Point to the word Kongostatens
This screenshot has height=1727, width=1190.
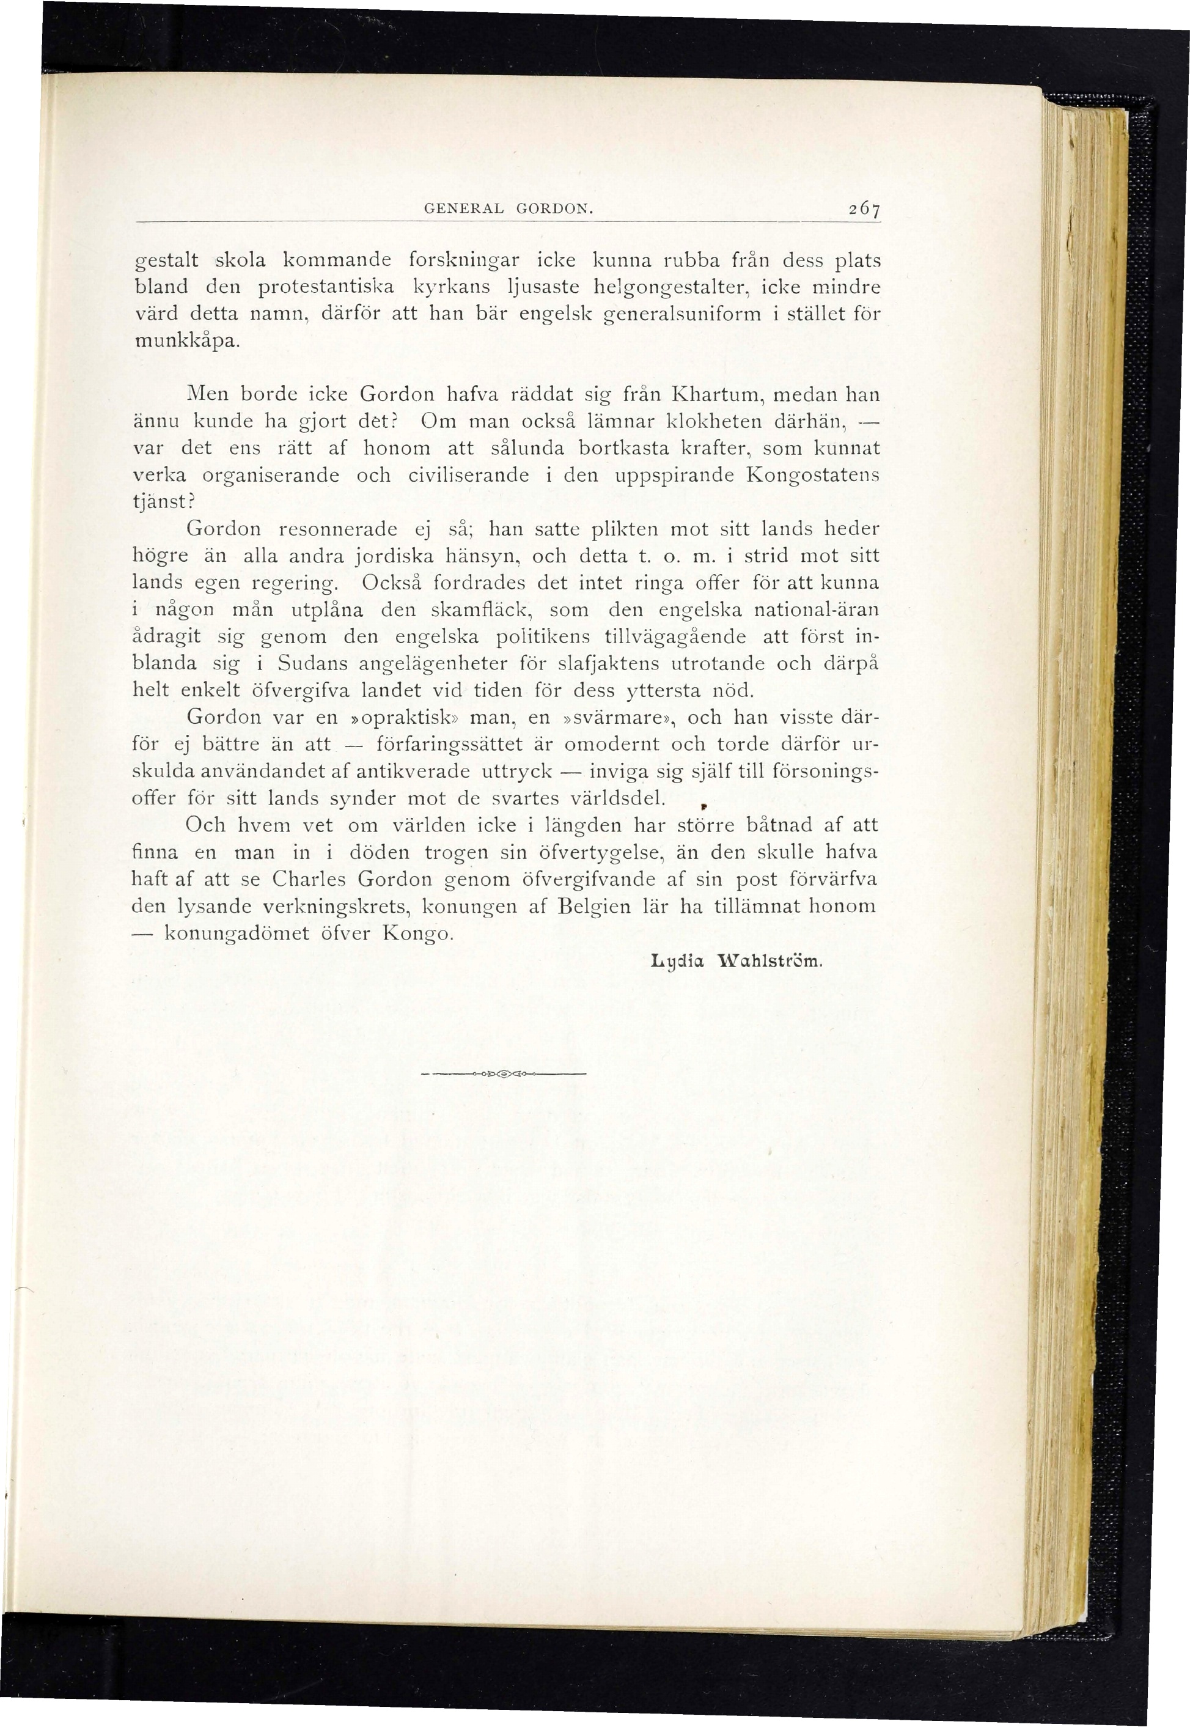tap(813, 475)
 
